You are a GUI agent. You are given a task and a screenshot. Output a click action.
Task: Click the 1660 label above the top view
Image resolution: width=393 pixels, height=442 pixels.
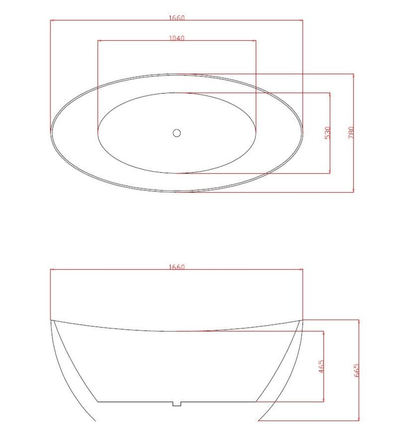(177, 18)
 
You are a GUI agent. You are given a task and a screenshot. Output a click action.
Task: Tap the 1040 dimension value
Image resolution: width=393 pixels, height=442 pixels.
(177, 38)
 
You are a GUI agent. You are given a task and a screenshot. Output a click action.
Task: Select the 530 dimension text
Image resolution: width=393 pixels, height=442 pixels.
(327, 133)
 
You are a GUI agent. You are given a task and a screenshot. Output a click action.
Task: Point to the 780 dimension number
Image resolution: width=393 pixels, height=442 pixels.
(351, 133)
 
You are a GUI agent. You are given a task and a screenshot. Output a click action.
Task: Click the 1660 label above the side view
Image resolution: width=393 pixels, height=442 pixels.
(177, 267)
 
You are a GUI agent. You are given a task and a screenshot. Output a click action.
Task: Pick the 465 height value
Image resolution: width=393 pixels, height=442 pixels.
(321, 367)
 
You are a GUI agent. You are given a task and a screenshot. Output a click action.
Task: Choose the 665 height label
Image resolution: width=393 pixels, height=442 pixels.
(356, 370)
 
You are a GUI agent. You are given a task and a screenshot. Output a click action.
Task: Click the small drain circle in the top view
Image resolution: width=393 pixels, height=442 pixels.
(177, 133)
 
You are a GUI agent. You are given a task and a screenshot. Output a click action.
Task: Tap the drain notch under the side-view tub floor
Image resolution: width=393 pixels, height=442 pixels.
(177, 404)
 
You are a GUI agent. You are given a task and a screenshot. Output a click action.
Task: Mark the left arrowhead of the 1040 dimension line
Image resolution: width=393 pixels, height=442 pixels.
(99, 40)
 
